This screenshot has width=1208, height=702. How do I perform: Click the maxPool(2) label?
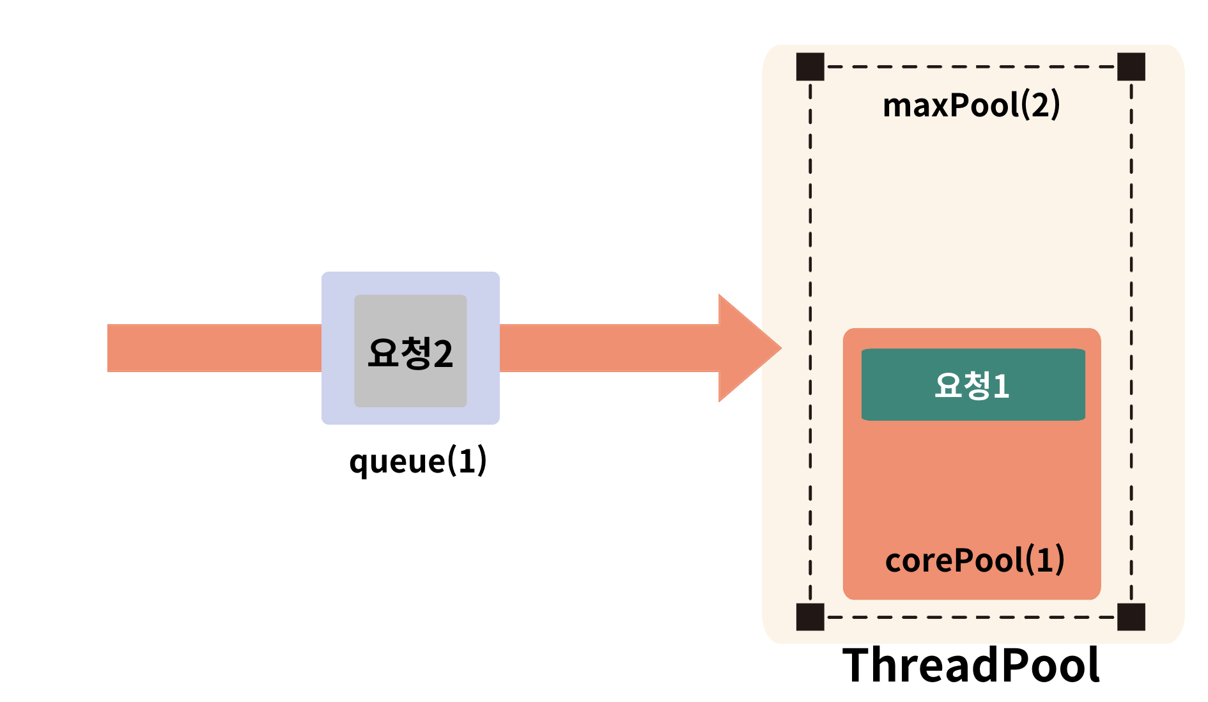(971, 105)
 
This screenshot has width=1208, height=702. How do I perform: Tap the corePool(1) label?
(974, 560)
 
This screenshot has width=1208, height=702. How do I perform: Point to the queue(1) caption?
(418, 460)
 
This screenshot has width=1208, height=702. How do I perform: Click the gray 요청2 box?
(410, 350)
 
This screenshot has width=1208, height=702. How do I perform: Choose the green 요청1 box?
(973, 384)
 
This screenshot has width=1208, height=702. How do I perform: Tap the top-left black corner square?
(810, 66)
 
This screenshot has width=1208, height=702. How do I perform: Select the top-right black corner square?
(1131, 66)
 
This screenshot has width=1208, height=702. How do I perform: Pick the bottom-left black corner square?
(810, 617)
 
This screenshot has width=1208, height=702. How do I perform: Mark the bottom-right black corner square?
(1131, 617)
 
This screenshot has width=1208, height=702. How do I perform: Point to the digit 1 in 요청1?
(1001, 386)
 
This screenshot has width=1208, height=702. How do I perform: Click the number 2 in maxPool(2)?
(1041, 105)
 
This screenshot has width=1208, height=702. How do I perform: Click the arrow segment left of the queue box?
(214, 348)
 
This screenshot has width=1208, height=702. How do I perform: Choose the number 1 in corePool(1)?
(1044, 560)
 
